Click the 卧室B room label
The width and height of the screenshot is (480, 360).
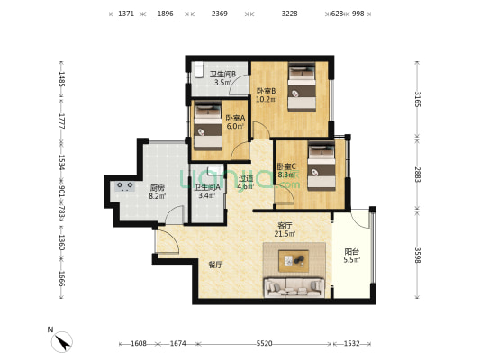pos(267,91)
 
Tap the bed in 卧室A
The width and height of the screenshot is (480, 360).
pos(208,125)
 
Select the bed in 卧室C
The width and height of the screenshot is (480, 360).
pos(322,166)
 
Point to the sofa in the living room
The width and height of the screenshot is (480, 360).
pos(294,287)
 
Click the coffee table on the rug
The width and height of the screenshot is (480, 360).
pos(294,260)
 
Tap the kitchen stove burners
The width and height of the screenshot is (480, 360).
pos(125,186)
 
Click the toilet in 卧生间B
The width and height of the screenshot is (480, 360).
pos(198,70)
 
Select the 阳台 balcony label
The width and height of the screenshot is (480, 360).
pos(352,252)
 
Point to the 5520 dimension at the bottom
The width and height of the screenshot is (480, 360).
pos(264,344)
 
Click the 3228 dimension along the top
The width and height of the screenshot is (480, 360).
pos(289,13)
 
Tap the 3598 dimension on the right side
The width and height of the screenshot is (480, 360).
pos(417,255)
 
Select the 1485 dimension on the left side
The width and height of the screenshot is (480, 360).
pos(62,79)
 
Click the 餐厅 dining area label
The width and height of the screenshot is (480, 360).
pos(215,265)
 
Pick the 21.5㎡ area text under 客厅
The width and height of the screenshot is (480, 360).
pos(285,234)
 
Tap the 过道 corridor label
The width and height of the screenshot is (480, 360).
pos(246,178)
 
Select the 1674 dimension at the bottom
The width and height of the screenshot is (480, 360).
pos(177,344)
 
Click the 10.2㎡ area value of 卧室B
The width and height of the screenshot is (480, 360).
pos(267,99)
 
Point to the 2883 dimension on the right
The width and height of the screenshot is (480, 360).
pos(417,175)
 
